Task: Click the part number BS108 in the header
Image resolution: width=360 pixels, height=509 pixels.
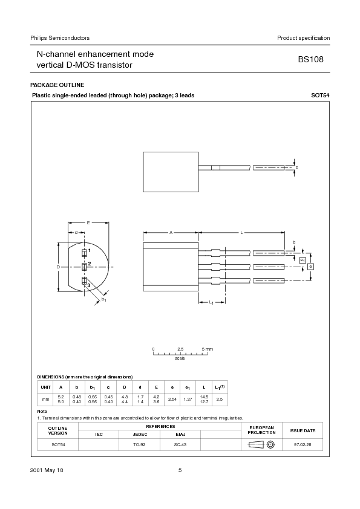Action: pos(313,60)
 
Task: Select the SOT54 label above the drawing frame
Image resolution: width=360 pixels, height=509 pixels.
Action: pos(320,96)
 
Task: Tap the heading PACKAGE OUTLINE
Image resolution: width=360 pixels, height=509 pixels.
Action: pos(57,85)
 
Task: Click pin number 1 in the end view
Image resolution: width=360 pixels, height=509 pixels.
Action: pos(90,250)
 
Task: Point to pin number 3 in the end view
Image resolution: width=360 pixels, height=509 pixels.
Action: pos(89,285)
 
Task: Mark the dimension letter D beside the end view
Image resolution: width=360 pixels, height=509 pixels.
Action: pos(58,267)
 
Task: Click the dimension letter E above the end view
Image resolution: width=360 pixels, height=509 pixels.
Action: pos(88,223)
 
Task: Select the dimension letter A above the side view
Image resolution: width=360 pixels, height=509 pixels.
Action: pos(171,232)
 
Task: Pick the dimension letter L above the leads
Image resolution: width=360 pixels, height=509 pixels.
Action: pos(242,232)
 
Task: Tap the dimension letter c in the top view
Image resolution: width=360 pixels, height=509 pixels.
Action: pos(296,166)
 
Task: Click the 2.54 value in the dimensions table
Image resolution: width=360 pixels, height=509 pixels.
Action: pos(172,399)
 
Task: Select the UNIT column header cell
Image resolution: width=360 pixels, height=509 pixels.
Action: pos(45,387)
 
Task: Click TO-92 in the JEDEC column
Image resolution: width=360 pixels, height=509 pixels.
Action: pos(139,444)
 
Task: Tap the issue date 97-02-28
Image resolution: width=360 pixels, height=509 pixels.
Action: pos(302,444)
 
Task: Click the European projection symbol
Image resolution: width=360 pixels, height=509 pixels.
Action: pos(262,444)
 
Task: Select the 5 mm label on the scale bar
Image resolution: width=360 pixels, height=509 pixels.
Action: pos(207,349)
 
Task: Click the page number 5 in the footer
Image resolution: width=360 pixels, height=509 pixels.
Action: pos(180,470)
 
